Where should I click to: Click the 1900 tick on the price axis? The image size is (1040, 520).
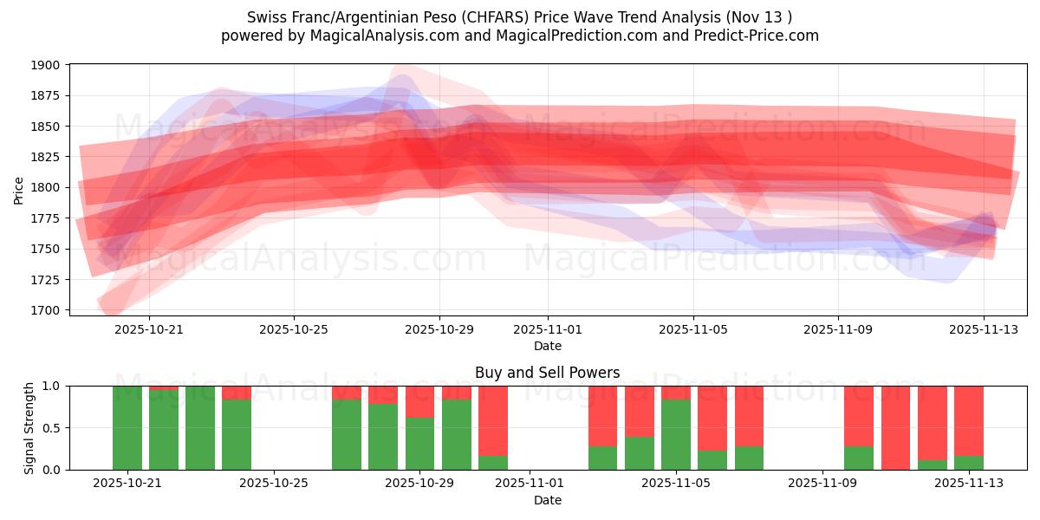[x=47, y=65]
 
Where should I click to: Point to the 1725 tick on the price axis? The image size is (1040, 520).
[x=47, y=279]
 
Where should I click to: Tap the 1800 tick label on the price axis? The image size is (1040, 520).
[x=47, y=187]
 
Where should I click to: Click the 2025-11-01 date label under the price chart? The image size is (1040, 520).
[x=548, y=329]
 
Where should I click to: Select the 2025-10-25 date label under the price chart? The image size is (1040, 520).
[x=294, y=329]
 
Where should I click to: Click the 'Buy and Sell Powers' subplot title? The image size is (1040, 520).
[x=547, y=373]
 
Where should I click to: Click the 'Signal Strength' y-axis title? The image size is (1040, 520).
[x=29, y=427]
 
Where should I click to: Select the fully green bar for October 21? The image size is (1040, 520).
[x=127, y=428]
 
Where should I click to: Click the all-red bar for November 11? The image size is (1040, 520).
[x=895, y=428]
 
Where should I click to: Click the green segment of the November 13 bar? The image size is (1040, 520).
[x=969, y=463]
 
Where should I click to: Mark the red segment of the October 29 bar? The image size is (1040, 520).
[x=420, y=401]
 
